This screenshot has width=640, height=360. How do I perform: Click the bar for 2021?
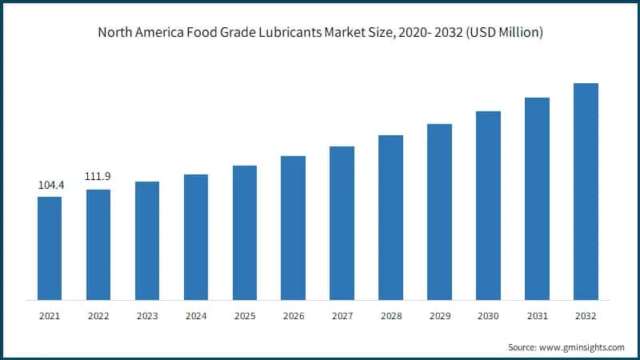(50, 248)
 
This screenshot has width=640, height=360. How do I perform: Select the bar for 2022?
(98, 245)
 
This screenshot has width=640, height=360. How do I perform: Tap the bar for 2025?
(245, 233)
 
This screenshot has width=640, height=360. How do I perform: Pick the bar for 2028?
(390, 218)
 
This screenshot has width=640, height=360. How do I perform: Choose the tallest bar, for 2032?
(586, 192)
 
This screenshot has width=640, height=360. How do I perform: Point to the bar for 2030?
(488, 206)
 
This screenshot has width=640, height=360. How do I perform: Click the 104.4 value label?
(50, 186)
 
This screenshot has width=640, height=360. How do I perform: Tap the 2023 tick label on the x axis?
(147, 316)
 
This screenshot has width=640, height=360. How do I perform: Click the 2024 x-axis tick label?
(196, 316)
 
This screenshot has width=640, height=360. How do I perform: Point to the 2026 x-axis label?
(293, 316)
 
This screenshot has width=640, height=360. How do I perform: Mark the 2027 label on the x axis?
(342, 316)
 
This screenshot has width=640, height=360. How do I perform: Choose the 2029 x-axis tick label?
(439, 316)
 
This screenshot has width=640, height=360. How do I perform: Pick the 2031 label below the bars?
(537, 316)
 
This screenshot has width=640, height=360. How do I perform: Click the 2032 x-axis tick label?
(586, 316)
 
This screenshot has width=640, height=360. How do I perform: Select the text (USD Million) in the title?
(502, 34)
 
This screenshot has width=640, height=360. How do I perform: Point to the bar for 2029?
(439, 212)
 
